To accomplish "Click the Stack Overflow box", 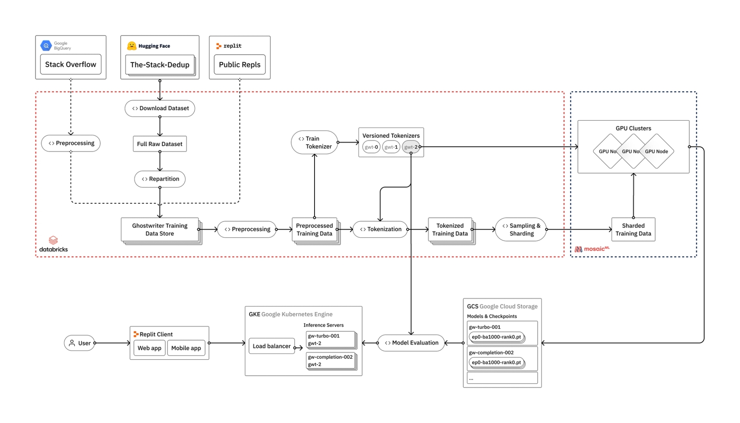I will coord(71,64).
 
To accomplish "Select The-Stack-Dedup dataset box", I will coord(160,65).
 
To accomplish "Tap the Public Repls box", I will coord(239,65).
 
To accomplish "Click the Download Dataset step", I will coord(160,108).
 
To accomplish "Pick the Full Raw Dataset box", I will coord(160,144).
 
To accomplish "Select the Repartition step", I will coord(160,179).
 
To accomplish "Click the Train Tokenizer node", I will coord(314,143).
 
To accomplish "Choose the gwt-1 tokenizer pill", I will coord(391,147).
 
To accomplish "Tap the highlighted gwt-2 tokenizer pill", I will coord(410,147).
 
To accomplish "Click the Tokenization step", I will coord(380,229).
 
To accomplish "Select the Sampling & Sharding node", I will coord(521,229).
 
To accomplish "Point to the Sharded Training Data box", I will coord(633,229).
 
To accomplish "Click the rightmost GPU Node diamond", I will coord(658,151).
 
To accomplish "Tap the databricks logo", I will coord(53,244).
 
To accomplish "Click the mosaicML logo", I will coord(592,249).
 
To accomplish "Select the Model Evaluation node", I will coord(411,342).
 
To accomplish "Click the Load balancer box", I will coord(271,346).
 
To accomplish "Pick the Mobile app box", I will coord(186,348).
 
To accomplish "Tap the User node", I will coord(79,343).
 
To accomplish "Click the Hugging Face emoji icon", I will coord(132,46).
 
